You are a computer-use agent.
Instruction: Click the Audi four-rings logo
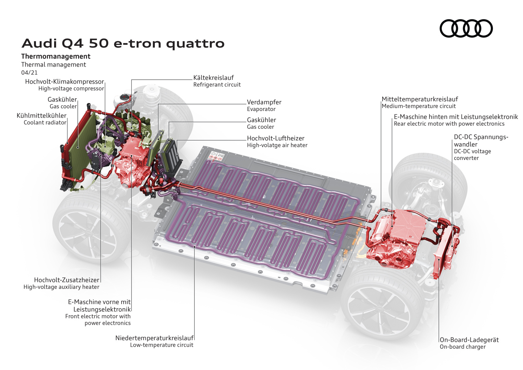pyautogui.click(x=466, y=28)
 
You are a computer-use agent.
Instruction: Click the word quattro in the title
pyautogui.click(x=195, y=44)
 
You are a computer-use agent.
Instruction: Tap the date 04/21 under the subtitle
pyautogui.click(x=29, y=73)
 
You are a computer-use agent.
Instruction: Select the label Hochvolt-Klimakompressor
pyautogui.click(x=64, y=82)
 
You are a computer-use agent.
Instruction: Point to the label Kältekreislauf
pyautogui.click(x=213, y=78)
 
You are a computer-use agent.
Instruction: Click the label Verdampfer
pyautogui.click(x=264, y=102)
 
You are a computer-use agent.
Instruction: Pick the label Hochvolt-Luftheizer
pyautogui.click(x=275, y=138)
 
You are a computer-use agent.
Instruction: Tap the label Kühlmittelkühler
pyautogui.click(x=41, y=116)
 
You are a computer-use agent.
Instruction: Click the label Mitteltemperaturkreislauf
pyautogui.click(x=420, y=99)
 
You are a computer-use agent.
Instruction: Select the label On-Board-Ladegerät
pyautogui.click(x=469, y=340)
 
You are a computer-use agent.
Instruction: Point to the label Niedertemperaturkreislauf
pyautogui.click(x=154, y=338)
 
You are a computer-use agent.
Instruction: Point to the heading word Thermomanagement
pyautogui.click(x=56, y=57)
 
